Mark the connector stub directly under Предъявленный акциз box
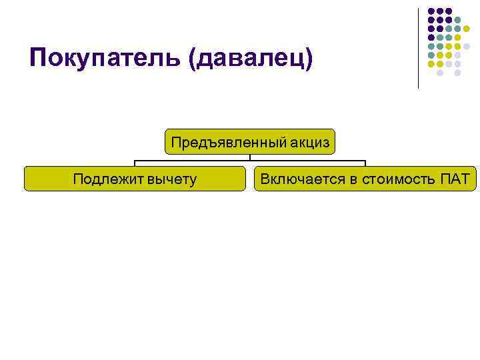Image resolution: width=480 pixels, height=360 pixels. pyautogui.click(x=250, y=158)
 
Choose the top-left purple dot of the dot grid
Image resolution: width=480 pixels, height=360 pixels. pyautogui.click(x=431, y=11)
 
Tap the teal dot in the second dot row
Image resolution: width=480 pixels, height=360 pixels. pyautogui.click(x=458, y=20)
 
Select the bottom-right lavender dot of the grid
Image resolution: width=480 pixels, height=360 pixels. pyautogui.click(x=458, y=73)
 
